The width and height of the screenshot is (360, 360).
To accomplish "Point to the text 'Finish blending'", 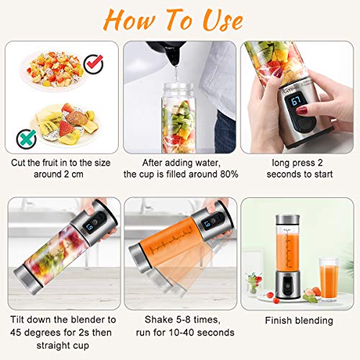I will pyautogui.click(x=298, y=320).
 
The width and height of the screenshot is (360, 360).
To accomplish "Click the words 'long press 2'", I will pyautogui.click(x=298, y=163).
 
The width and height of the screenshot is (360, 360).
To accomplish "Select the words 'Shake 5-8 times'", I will pyautogui.click(x=179, y=320).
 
